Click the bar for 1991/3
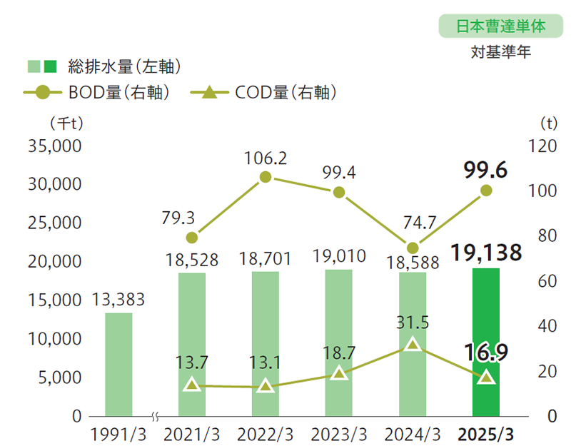tap(118, 364)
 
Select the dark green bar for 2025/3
tap(486, 342)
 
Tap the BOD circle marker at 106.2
tap(266, 177)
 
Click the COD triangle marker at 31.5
tap(412, 345)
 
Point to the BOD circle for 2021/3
tap(192, 238)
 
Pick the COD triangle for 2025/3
tap(486, 377)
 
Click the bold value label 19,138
tap(486, 252)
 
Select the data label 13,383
tap(118, 300)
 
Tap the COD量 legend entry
tap(264, 92)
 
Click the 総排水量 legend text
tap(121, 67)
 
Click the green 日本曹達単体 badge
tap(500, 26)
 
